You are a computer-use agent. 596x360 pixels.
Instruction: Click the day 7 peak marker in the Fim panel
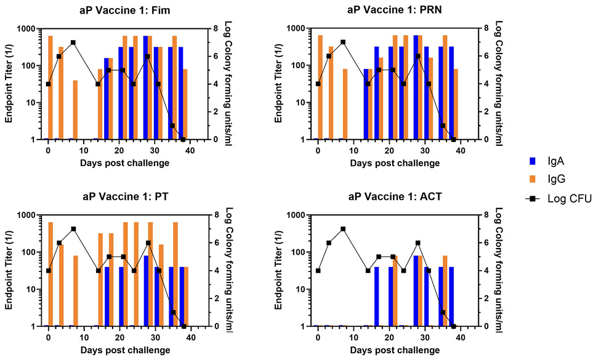click(73, 42)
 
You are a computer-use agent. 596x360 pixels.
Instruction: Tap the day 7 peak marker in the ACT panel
click(343, 229)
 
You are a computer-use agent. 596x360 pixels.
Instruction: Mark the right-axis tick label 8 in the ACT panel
click(485, 215)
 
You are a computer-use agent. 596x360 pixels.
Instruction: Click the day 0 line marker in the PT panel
click(48, 270)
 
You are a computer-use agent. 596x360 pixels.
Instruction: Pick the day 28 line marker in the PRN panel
click(418, 56)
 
